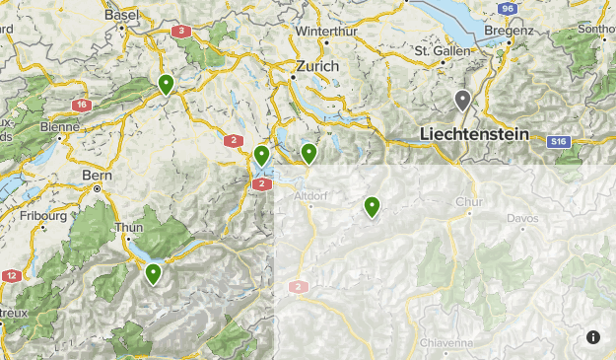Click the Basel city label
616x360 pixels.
pos(122,15)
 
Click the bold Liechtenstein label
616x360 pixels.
pos(474,133)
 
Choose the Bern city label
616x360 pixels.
pos(98,176)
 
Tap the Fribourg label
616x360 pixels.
pos(45,215)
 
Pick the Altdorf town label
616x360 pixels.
pos(309,196)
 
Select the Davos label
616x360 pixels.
pos(523,218)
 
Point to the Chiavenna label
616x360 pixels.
pos(446,343)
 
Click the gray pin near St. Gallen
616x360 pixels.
pos(462,100)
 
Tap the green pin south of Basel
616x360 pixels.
pos(167,85)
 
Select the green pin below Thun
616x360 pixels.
pos(154,273)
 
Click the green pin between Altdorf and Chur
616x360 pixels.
pos(372,206)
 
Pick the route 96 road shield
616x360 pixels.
pos(507,8)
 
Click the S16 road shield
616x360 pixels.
pos(559,142)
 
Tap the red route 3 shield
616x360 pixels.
pos(180,32)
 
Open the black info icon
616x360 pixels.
pos(593,337)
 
